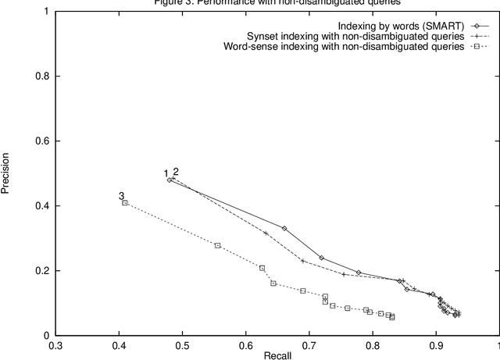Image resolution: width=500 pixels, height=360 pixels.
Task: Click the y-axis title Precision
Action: [x=7, y=173]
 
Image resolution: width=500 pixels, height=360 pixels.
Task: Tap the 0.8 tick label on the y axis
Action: [x=37, y=77]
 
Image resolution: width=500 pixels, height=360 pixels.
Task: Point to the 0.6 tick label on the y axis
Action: [x=37, y=141]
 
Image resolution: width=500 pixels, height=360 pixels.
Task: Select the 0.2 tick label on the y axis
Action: [x=37, y=271]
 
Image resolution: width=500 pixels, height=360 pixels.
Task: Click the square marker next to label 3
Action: [x=125, y=203]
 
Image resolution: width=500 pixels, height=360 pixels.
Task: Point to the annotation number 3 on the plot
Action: [x=121, y=196]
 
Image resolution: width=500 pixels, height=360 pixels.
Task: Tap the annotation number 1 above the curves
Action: [x=166, y=173]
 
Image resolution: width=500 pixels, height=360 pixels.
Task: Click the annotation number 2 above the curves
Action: [x=176, y=172]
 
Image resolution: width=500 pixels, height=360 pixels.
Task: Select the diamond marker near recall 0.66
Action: [x=284, y=228]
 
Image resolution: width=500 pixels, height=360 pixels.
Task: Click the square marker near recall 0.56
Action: [x=218, y=245]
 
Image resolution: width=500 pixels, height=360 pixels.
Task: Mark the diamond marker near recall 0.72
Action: [x=321, y=258]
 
